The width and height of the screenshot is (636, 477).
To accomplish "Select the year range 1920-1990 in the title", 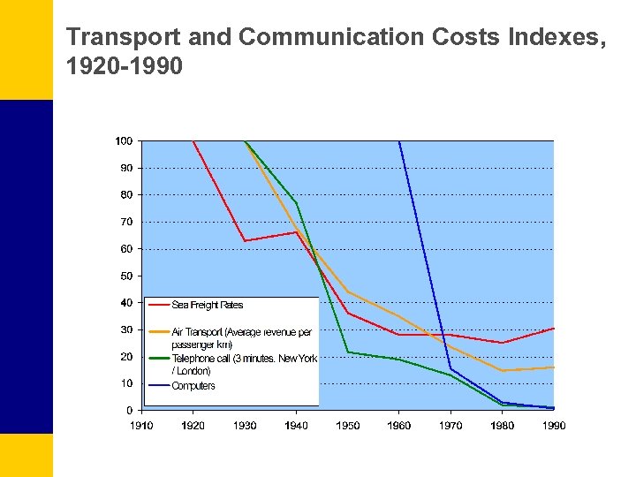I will coord(125,65).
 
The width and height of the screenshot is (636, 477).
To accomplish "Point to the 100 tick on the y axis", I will coord(124,141).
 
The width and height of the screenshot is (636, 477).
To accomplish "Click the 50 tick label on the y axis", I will coord(126,276).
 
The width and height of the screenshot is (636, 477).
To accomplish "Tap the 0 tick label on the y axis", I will coord(130,411).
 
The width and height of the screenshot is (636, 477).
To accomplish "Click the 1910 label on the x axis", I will coord(141,426).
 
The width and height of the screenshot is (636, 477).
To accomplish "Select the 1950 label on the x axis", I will coord(348,426).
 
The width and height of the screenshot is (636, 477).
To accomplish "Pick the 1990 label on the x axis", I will coord(554,426).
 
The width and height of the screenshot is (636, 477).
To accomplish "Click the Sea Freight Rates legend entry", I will coord(207,306).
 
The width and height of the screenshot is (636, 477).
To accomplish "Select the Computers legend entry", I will coord(193,386).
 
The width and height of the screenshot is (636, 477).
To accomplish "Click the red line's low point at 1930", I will coord(245,241).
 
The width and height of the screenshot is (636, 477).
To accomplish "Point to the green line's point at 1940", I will coord(297,203).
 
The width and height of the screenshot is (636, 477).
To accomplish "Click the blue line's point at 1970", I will coord(450,369).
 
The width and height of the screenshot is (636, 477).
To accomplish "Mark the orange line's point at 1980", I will coord(503,370).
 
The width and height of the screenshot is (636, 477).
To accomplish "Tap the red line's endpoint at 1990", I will coord(554,328).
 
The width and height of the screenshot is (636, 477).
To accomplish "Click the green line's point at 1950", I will coord(348,352).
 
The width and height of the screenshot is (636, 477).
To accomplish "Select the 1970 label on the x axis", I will coord(450,426).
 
